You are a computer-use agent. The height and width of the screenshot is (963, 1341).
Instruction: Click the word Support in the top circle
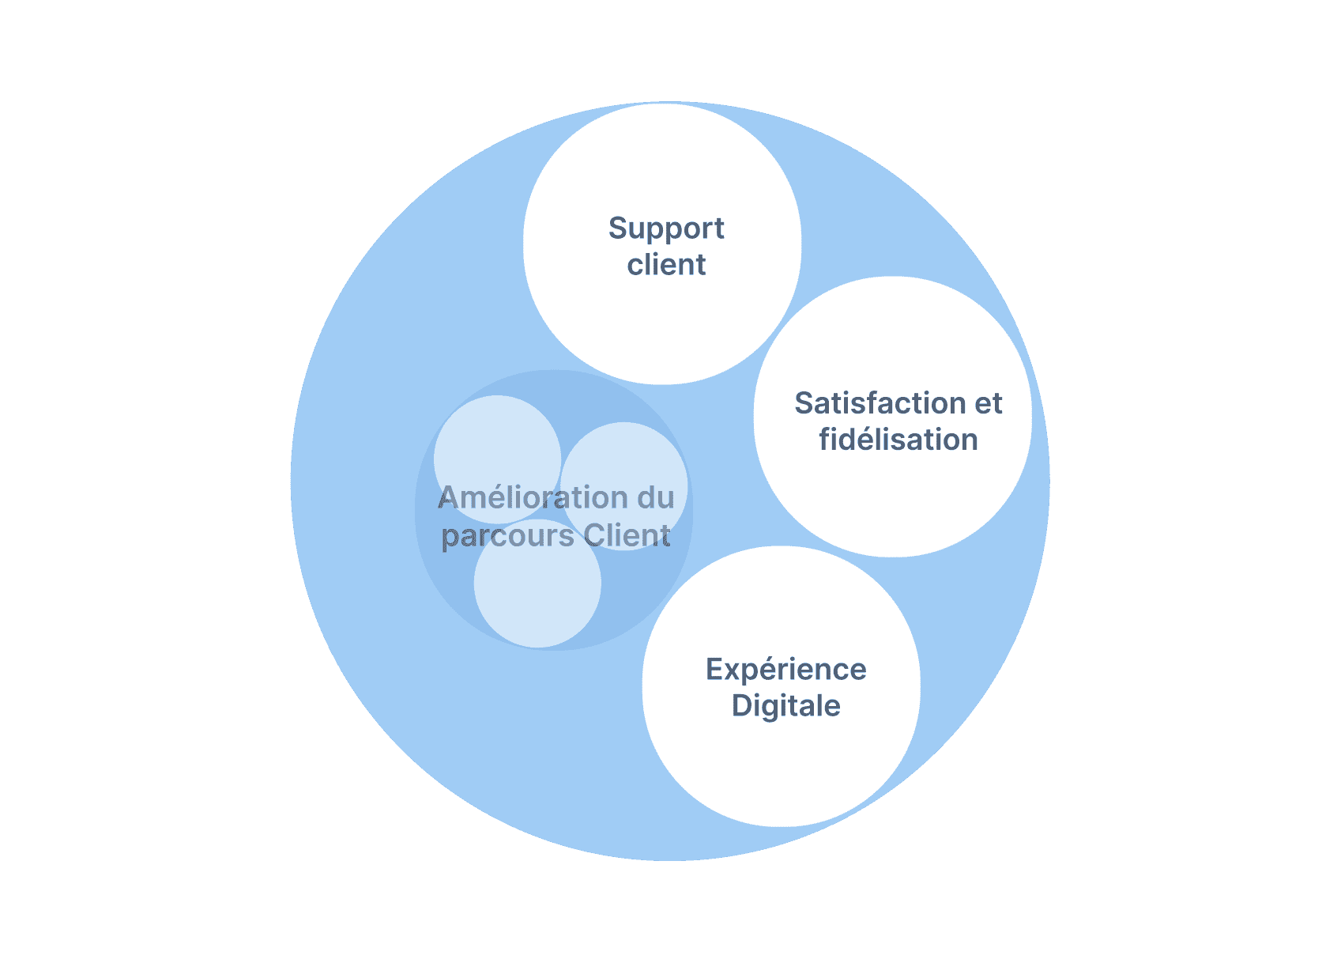pyautogui.click(x=665, y=229)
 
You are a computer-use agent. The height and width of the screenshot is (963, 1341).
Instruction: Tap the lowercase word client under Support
pyautogui.click(x=666, y=263)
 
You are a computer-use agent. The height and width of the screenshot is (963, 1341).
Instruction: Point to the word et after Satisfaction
pyautogui.click(x=989, y=404)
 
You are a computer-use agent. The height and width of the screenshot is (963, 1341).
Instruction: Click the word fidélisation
pyautogui.click(x=898, y=439)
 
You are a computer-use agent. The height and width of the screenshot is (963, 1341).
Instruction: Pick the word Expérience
pyautogui.click(x=786, y=670)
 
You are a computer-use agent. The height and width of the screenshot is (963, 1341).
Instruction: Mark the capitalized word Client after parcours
pyautogui.click(x=627, y=534)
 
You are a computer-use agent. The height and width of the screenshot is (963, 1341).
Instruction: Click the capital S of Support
pyautogui.click(x=619, y=228)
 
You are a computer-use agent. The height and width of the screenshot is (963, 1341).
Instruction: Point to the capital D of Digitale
pyautogui.click(x=742, y=705)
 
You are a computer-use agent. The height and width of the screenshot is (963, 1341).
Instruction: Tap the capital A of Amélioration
pyautogui.click(x=450, y=497)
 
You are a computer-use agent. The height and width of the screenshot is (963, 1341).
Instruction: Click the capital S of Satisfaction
pyautogui.click(x=805, y=402)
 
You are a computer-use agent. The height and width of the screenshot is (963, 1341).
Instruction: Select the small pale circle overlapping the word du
pyautogui.click(x=623, y=485)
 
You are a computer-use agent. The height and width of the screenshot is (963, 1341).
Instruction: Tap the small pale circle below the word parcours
pyautogui.click(x=537, y=583)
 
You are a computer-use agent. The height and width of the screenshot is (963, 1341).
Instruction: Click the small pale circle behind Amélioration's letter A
pyautogui.click(x=497, y=459)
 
